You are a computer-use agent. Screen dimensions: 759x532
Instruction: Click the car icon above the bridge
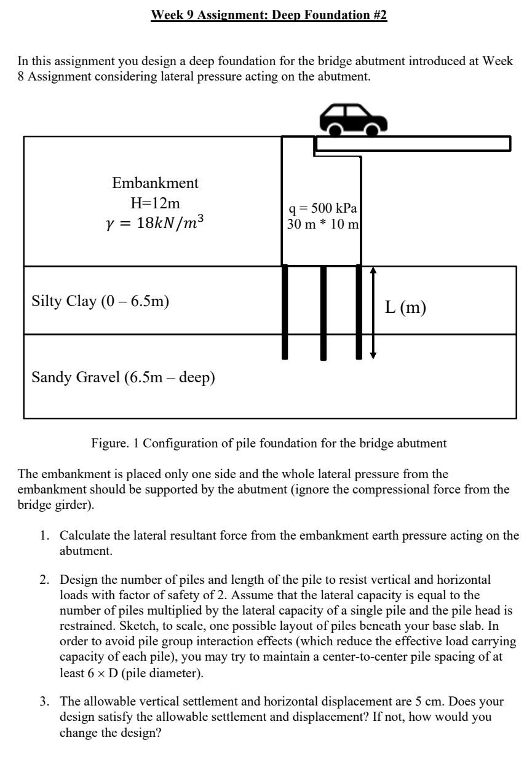[x=352, y=119]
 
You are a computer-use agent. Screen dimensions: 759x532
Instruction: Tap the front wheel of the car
[x=371, y=129]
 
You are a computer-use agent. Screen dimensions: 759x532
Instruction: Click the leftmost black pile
[x=285, y=312]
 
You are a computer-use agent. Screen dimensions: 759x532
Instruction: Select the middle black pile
[x=324, y=313]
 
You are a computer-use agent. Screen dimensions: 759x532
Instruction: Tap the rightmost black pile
[x=359, y=312]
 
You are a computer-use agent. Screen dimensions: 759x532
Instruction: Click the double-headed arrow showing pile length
[x=373, y=313]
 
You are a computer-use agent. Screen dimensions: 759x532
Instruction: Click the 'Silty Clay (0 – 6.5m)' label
[x=100, y=301]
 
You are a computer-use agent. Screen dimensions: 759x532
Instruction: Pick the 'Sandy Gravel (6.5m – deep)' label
[x=123, y=377]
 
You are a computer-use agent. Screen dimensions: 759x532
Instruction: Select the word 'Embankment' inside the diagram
[x=155, y=183]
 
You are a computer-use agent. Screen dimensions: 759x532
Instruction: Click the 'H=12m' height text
[x=155, y=203]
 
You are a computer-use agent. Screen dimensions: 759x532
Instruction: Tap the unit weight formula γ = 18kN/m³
[x=155, y=223]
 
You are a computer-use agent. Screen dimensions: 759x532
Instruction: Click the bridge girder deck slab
[x=413, y=144]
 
